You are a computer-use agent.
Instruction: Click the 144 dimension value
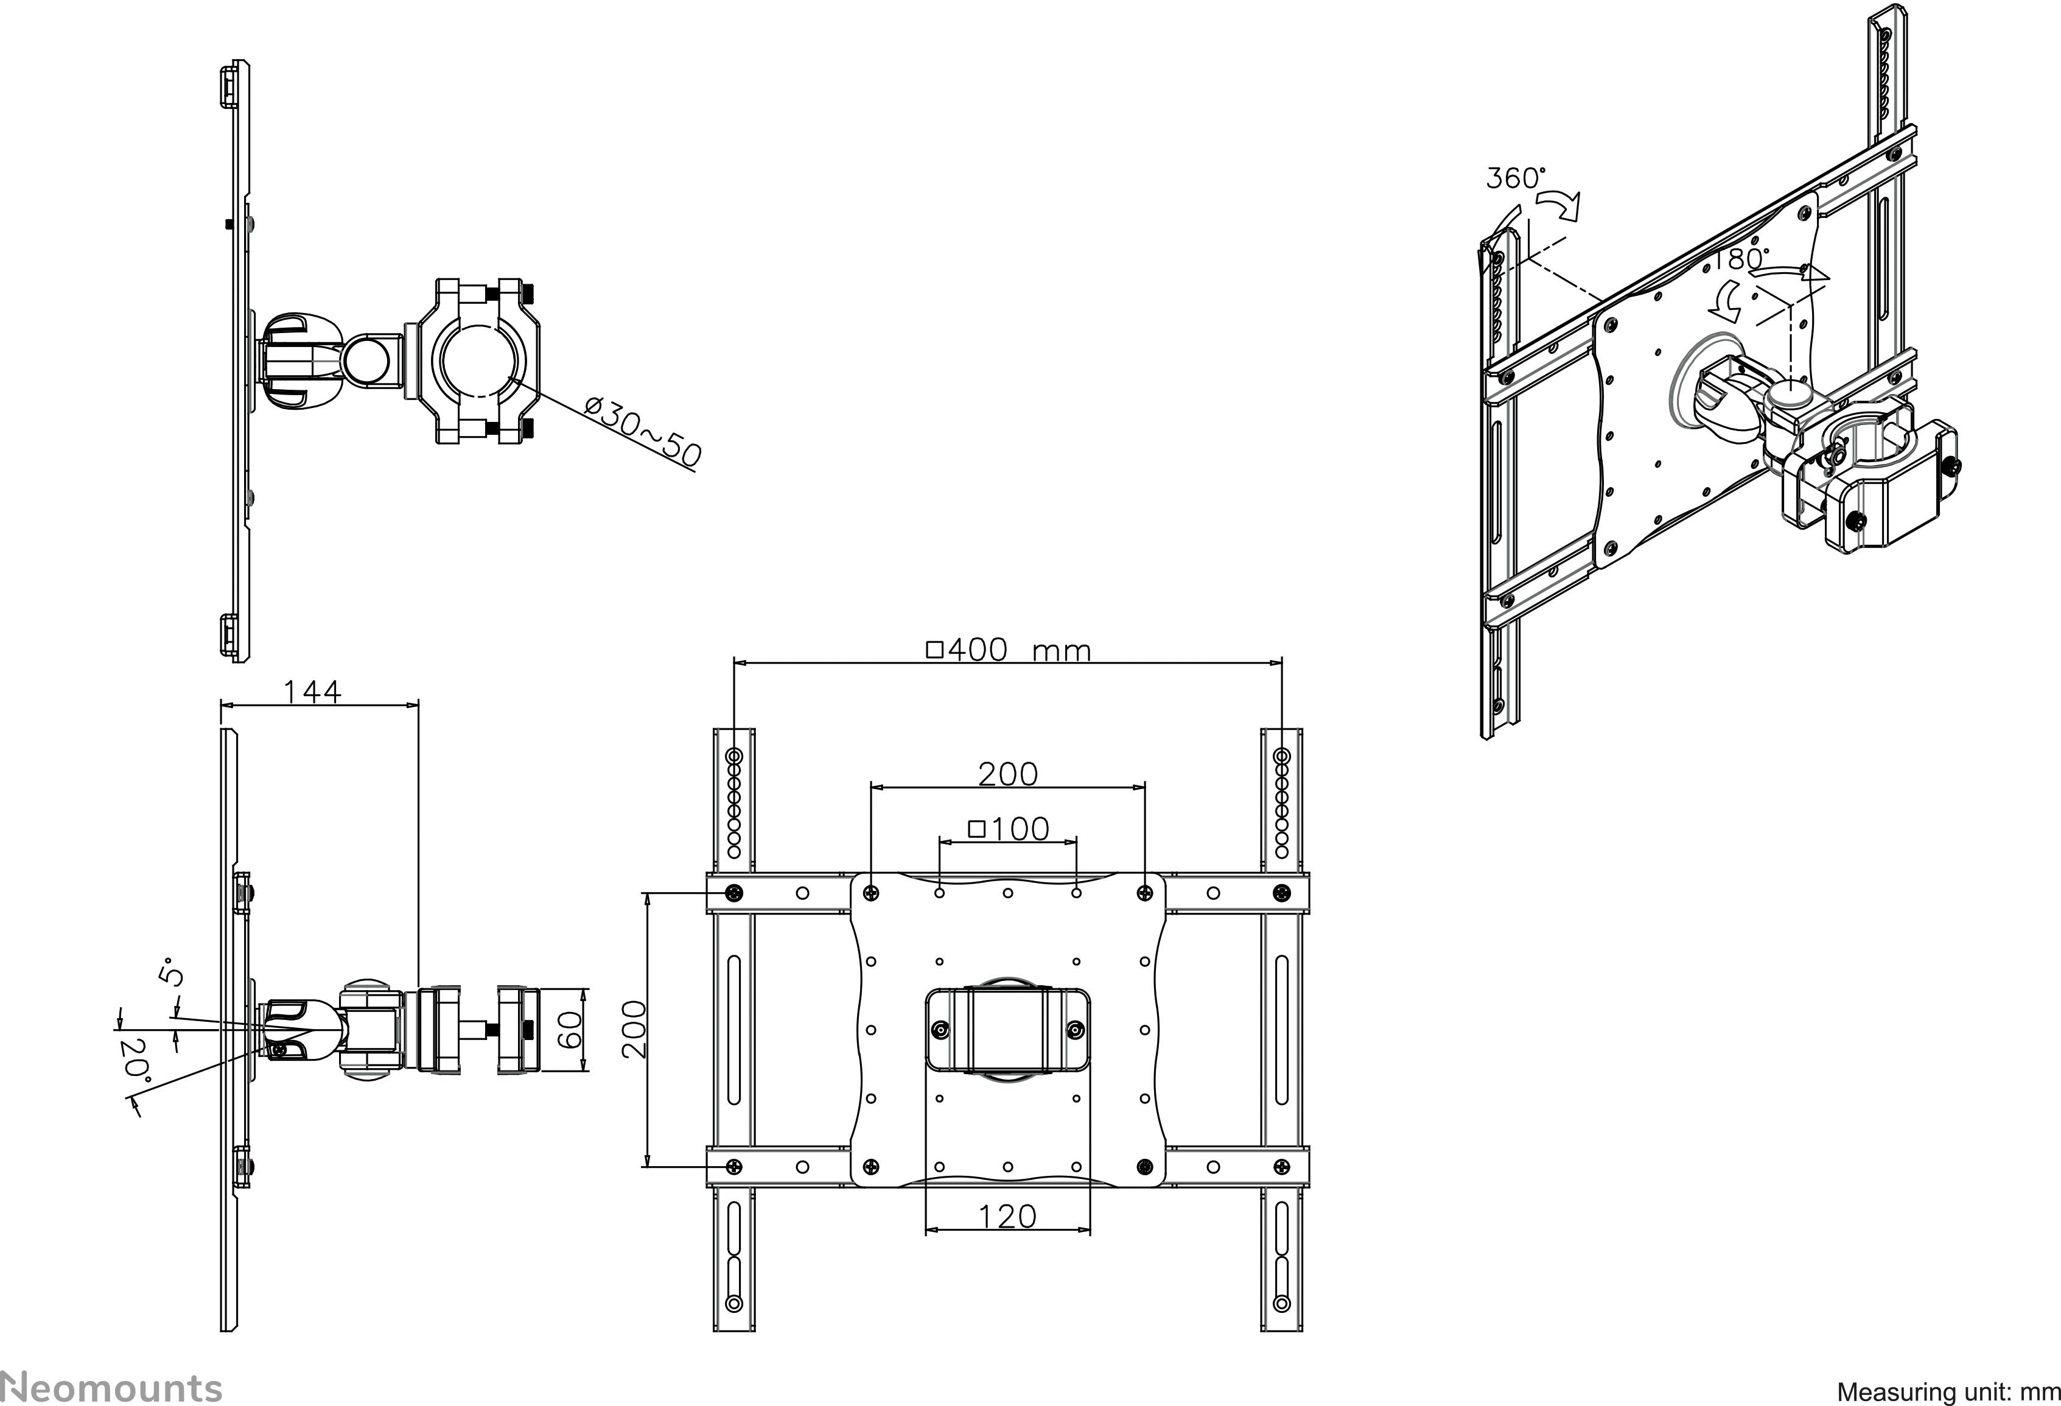point(312,691)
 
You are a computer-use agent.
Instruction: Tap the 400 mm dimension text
point(1009,650)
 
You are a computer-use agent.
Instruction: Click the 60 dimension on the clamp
point(571,1029)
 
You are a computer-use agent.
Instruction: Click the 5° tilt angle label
point(171,972)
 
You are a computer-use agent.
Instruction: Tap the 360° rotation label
point(1515,178)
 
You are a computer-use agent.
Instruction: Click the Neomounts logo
point(111,1387)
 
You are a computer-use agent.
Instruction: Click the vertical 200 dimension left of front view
point(634,1029)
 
